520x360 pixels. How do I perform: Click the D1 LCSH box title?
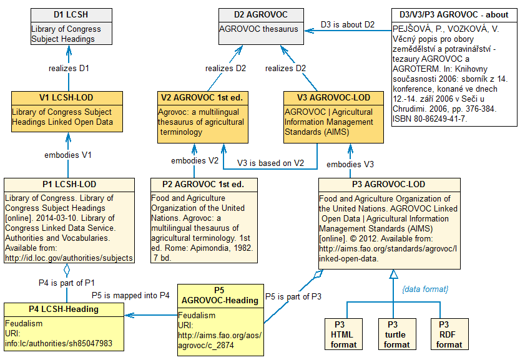click(71, 15)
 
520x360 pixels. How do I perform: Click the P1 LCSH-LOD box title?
click(69, 184)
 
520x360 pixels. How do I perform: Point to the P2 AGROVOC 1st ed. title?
click(204, 184)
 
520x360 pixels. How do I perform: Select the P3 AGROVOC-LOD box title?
click(389, 184)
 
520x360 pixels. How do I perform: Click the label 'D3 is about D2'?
click(348, 24)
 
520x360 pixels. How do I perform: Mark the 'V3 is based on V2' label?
click(270, 163)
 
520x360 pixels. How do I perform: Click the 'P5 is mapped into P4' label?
click(130, 295)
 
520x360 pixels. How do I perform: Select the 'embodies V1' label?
click(69, 154)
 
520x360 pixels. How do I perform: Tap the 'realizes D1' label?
click(69, 67)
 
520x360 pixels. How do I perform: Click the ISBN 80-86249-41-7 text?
click(429, 119)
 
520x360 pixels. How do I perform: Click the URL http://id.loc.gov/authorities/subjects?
click(69, 258)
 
